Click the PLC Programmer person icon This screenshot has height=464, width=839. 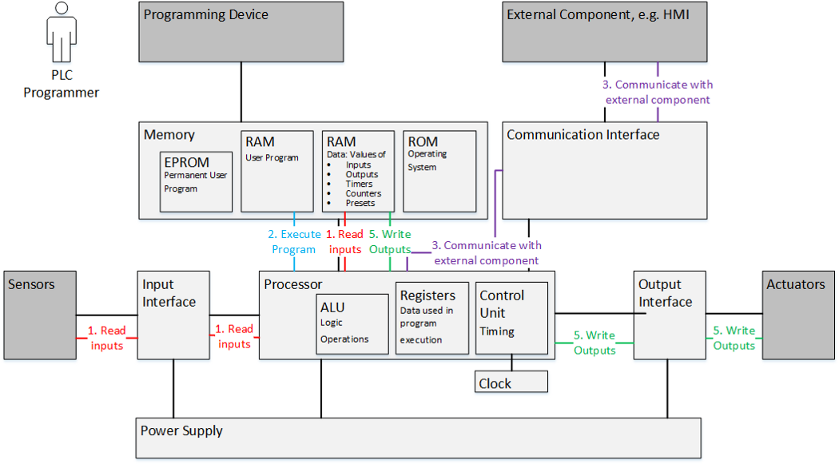(61, 34)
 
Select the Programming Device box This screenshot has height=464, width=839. (241, 32)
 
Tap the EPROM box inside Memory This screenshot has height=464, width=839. (197, 180)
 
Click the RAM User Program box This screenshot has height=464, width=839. (277, 170)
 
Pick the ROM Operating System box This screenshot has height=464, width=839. (439, 170)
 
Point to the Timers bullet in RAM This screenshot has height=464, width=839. (359, 184)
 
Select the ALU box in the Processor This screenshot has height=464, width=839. (352, 323)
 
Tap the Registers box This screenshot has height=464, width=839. (432, 318)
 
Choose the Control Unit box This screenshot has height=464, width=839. (511, 318)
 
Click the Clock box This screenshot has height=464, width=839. (511, 383)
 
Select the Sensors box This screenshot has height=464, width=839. (40, 314)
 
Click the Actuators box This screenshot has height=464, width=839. (799, 314)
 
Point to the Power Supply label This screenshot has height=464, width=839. (181, 431)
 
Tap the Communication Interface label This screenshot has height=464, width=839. (583, 135)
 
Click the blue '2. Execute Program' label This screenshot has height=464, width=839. (294, 241)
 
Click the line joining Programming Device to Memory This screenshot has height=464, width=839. (241, 92)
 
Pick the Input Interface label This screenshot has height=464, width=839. (169, 293)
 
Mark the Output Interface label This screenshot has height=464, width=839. (665, 293)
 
